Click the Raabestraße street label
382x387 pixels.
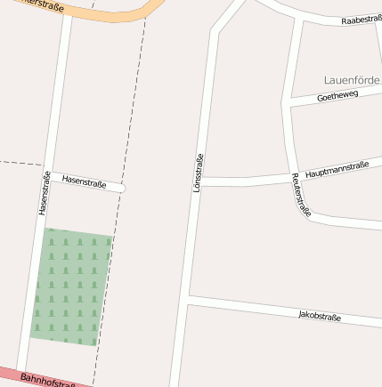(x=361, y=19)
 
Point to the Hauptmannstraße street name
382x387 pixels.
(x=337, y=169)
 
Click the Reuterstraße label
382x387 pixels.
(x=301, y=195)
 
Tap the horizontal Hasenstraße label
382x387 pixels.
(x=84, y=181)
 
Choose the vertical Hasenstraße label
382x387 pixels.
(x=43, y=193)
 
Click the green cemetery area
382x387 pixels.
(x=71, y=286)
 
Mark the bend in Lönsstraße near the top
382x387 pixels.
(x=215, y=32)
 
